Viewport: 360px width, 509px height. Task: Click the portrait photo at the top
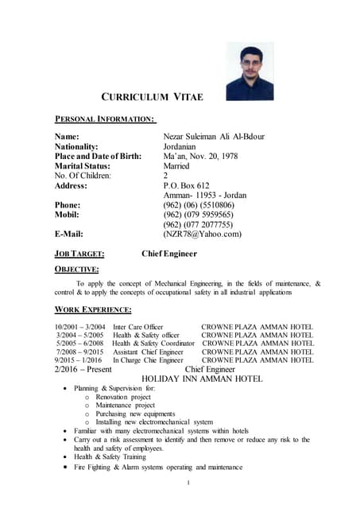[x=250, y=71]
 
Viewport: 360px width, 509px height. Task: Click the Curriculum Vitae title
[x=153, y=97]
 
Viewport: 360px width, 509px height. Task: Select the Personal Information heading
[x=105, y=119]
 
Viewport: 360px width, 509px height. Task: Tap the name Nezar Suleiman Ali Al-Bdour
[x=213, y=137]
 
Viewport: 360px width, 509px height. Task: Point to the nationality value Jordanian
[x=185, y=146]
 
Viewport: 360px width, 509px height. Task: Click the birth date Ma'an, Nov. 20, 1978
[x=205, y=156]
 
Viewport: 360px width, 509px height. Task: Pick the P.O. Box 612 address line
[x=191, y=185]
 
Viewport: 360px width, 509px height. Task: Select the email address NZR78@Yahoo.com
[x=202, y=234]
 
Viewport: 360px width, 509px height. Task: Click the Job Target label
[x=79, y=254]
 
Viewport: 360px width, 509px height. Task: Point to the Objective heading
[x=76, y=270]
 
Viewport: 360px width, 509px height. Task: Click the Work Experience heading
[x=93, y=309]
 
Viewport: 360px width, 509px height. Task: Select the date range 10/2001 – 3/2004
[x=80, y=327]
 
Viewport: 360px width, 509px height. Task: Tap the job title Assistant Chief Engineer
[x=148, y=352]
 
